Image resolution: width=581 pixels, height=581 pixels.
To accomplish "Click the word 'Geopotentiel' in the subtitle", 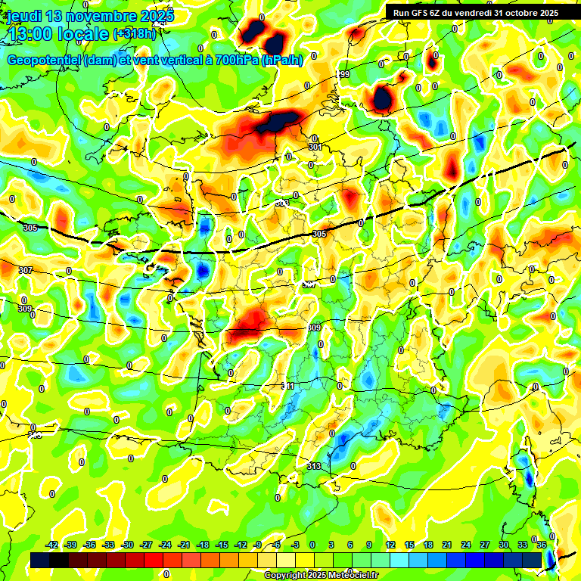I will (x=45, y=61).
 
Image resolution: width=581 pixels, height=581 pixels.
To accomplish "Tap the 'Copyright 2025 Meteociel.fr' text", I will (x=320, y=576).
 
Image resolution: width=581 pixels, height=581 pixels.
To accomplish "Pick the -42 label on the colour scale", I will (x=52, y=545).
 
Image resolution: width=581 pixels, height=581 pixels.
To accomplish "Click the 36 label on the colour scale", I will (x=542, y=545).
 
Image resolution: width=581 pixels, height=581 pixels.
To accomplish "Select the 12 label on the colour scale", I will (x=390, y=545).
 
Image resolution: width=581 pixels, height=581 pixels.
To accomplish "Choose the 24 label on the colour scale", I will (x=466, y=545).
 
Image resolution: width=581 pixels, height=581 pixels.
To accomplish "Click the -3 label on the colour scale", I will (x=297, y=545).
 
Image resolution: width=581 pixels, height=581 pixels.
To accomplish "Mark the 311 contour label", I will (x=288, y=386).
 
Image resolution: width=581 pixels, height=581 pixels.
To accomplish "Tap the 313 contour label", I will (x=314, y=466).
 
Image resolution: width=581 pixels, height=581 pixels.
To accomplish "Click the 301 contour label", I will (x=315, y=147).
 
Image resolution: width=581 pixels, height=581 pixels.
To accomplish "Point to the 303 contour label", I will (x=281, y=203).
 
